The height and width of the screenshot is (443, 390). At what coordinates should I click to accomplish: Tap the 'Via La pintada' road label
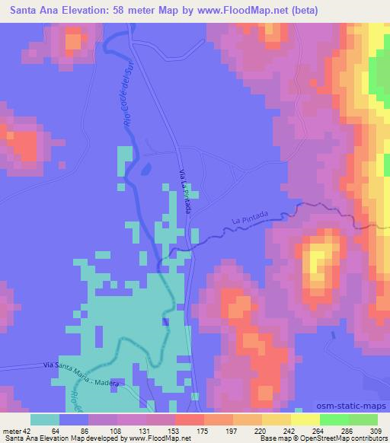pos(185,192)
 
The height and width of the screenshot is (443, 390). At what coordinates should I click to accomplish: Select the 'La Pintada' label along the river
pos(250,221)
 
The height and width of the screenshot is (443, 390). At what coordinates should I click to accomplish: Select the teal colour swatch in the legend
pos(45,419)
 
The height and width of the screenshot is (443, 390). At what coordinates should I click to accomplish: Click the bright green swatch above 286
pos(335,419)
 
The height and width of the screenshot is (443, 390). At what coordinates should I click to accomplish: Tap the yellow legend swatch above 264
pos(306,419)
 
